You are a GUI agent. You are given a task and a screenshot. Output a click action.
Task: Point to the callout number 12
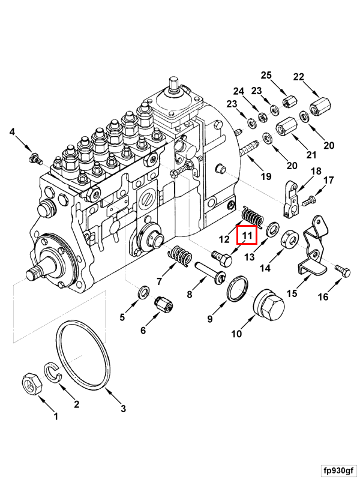[224, 239]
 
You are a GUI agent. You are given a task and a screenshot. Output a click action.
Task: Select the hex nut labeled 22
[317, 110]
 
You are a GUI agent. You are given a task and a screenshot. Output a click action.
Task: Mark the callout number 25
[266, 75]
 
